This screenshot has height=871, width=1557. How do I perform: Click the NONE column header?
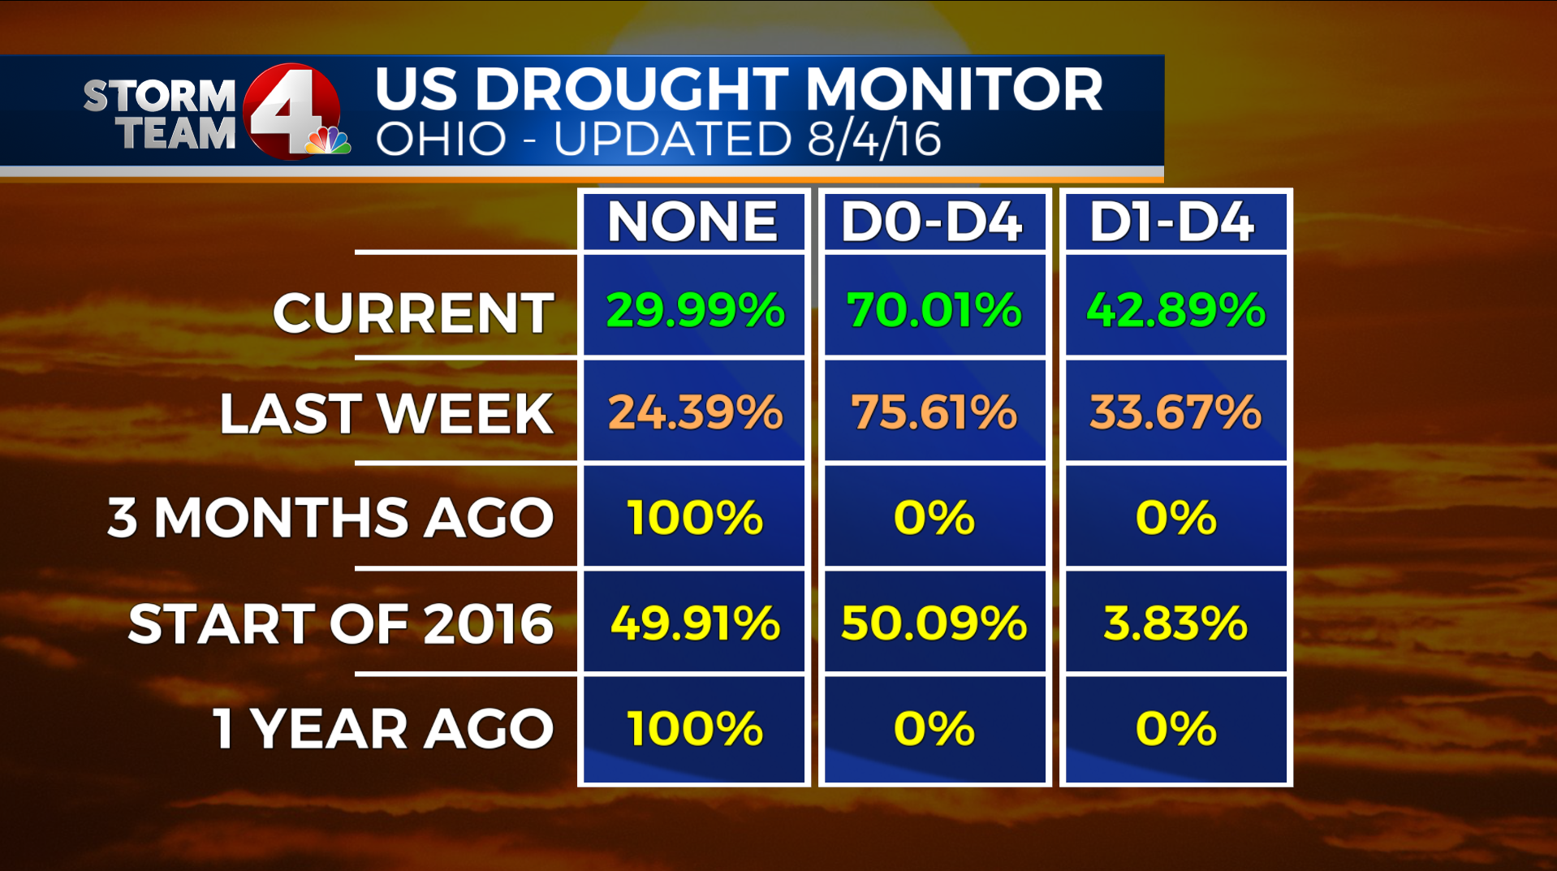(692, 222)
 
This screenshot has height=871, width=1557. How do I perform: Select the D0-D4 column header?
(932, 222)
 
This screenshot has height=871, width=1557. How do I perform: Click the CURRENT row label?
(413, 313)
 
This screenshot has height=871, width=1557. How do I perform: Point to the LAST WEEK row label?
(386, 414)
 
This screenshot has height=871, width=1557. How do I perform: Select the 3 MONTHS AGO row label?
(330, 518)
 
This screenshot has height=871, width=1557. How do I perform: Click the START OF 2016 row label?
(341, 624)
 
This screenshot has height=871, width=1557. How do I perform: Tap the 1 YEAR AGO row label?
(383, 729)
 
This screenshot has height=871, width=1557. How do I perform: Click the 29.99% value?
(695, 310)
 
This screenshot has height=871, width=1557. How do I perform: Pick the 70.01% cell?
(934, 310)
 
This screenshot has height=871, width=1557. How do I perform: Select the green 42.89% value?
(1175, 310)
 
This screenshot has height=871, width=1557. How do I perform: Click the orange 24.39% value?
(695, 412)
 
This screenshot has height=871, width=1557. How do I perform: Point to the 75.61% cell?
(934, 412)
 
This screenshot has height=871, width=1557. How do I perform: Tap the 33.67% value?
(1175, 412)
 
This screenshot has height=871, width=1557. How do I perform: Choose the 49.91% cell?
(695, 623)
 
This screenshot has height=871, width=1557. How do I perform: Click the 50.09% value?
(934, 623)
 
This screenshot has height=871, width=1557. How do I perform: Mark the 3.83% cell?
(1175, 623)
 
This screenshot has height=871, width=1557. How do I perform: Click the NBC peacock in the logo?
(328, 141)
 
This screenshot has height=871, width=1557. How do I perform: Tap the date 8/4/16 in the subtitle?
(873, 140)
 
